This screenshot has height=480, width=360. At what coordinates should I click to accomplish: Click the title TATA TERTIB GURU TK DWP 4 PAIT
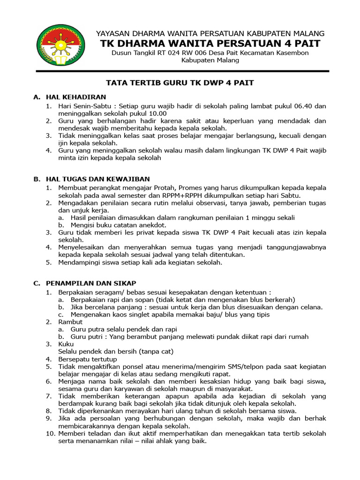(180, 83)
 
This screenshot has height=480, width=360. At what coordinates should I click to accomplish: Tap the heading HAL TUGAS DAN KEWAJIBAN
(97, 179)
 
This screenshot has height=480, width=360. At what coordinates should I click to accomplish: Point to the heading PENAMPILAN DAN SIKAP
(90, 283)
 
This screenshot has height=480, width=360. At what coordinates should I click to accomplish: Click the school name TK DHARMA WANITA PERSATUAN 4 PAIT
(210, 44)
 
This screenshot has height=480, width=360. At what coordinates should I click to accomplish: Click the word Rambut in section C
(70, 322)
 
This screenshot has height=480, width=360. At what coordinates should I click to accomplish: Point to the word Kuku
(66, 344)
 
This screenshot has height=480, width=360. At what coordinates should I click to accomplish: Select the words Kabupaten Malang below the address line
(210, 60)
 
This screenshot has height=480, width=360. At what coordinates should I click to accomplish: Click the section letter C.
(36, 283)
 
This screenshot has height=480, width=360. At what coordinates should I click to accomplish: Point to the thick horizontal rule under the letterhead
(183, 71)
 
